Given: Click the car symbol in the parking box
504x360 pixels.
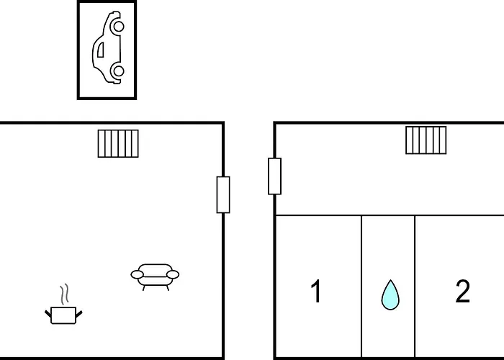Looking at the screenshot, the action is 107,48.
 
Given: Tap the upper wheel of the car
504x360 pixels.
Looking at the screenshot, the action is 119,27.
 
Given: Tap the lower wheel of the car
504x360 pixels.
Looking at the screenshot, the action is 119,71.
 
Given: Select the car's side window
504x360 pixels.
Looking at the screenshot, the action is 101,50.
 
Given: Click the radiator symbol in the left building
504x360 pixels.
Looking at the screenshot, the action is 118,144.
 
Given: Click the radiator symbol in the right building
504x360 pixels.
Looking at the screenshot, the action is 426,140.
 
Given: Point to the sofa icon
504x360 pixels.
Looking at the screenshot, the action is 155,277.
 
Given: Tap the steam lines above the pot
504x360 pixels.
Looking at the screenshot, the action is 64,294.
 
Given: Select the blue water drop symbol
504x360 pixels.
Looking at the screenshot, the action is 390,294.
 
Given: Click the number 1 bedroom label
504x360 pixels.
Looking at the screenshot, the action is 316,291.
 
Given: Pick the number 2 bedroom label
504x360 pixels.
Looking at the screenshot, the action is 463,291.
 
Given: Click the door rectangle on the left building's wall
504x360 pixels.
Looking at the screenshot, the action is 223,194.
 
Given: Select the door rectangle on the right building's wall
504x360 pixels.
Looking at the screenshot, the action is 274,176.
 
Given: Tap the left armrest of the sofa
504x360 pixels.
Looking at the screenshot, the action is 138,274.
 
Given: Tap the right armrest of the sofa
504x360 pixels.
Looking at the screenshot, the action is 173,274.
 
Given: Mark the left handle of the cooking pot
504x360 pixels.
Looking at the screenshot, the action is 48,314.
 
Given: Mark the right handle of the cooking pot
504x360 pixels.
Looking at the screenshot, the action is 79,314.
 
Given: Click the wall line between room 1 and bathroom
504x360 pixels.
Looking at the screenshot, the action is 361,287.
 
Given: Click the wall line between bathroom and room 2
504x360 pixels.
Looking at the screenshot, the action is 415,287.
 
